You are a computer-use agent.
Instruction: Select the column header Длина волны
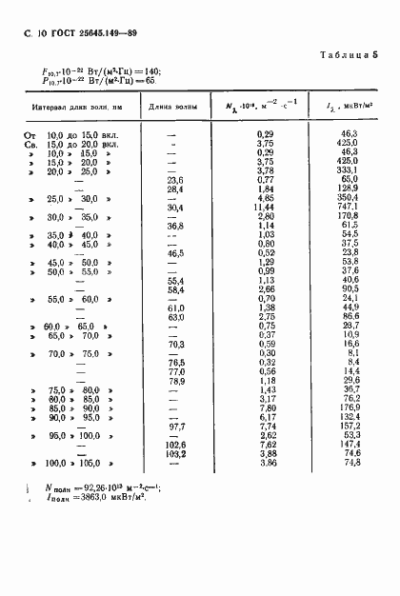174,108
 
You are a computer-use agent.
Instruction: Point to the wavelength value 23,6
174,179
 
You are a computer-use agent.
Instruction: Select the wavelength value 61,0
174,307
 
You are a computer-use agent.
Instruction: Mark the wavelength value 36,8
174,225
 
